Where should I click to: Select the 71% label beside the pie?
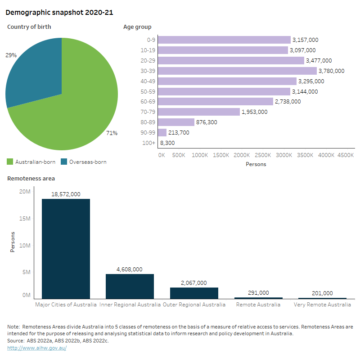(x=112, y=133)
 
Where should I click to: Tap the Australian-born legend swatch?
(x=10, y=162)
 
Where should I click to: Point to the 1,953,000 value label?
(x=254, y=112)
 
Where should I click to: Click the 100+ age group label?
(x=150, y=143)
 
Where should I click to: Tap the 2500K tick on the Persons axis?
(x=263, y=155)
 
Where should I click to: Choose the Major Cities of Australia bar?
(x=66, y=248)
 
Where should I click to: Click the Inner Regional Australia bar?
(x=130, y=286)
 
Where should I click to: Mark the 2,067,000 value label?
(x=193, y=283)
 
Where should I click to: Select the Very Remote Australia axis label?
(x=322, y=305)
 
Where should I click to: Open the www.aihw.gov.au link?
(x=37, y=348)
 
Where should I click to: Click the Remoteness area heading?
(x=31, y=179)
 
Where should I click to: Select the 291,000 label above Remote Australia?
(x=258, y=292)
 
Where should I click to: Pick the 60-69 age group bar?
(x=216, y=102)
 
